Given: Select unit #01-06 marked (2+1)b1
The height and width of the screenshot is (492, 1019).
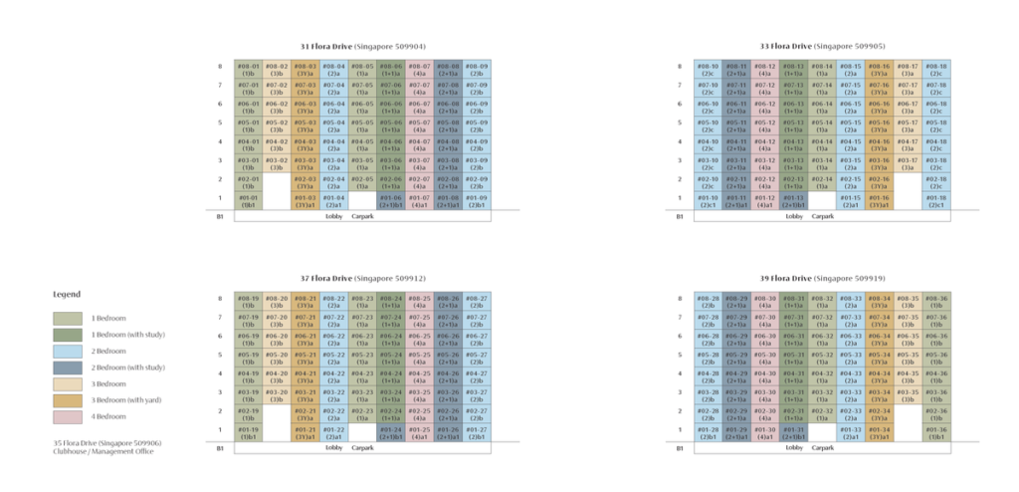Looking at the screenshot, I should click(x=390, y=200).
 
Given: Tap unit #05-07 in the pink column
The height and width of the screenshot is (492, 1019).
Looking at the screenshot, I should click(x=419, y=125).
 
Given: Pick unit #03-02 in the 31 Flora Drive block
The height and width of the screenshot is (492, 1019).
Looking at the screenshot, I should click(x=277, y=162).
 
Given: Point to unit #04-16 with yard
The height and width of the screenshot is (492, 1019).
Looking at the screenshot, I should click(x=879, y=144).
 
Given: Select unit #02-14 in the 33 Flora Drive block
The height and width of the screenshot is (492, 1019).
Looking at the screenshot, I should click(x=822, y=181).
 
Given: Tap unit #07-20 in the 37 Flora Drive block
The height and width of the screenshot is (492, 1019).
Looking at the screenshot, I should click(x=277, y=320).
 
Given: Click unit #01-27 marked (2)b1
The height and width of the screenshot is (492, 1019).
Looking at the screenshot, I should click(x=476, y=431).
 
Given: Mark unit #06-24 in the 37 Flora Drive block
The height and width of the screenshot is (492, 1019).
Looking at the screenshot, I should click(x=390, y=339).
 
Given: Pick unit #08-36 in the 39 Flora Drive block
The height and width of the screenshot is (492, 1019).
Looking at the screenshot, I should click(x=935, y=301).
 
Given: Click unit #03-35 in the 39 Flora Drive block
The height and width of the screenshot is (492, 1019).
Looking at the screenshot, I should click(x=908, y=394).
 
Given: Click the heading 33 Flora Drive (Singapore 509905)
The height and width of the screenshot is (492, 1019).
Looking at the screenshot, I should click(x=823, y=47).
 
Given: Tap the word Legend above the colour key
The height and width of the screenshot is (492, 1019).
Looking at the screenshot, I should click(x=67, y=295).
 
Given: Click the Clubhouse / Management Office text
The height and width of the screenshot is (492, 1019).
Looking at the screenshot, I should click(x=103, y=451).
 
